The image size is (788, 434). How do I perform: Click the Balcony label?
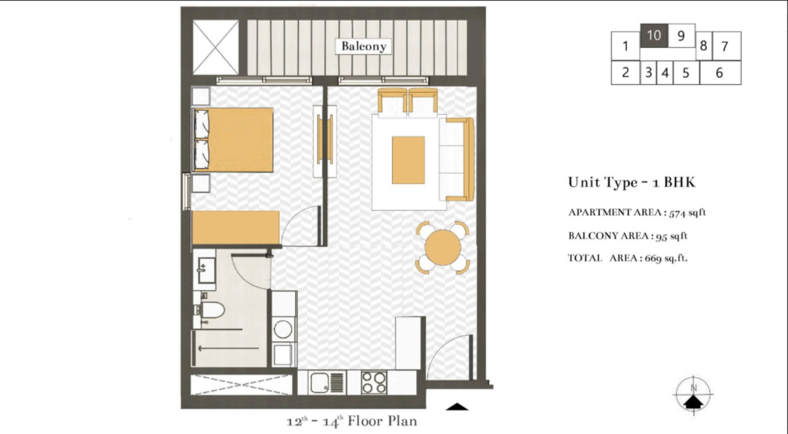[x=363, y=46]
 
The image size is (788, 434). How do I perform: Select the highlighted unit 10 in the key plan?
[x=654, y=35]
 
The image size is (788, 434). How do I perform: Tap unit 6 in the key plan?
[x=720, y=73]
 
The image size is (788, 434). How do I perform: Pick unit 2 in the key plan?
[x=625, y=73]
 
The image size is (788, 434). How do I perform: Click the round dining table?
[x=442, y=248]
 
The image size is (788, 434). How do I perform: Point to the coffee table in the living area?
[x=408, y=160]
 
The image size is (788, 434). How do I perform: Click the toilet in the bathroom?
[x=212, y=310]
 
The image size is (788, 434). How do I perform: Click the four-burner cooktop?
[x=374, y=382]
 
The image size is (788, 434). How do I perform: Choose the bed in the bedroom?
[x=233, y=140]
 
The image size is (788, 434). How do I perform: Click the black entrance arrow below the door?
[x=457, y=406]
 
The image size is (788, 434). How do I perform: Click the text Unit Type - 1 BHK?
[x=631, y=183]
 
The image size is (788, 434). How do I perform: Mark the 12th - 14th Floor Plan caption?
[x=352, y=422]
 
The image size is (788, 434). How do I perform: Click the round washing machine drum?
[x=283, y=329]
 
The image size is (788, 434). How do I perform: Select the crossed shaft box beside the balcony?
[x=215, y=47]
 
